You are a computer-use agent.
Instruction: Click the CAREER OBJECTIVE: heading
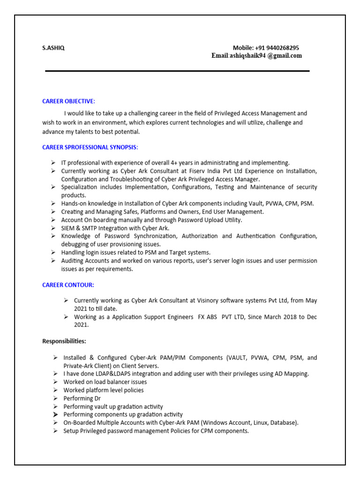68,101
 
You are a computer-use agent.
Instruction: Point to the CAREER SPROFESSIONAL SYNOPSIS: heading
90,147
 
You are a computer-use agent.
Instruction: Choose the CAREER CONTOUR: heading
68,285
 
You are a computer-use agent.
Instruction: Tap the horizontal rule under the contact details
177,71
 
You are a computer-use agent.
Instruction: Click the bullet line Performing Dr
82,398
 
